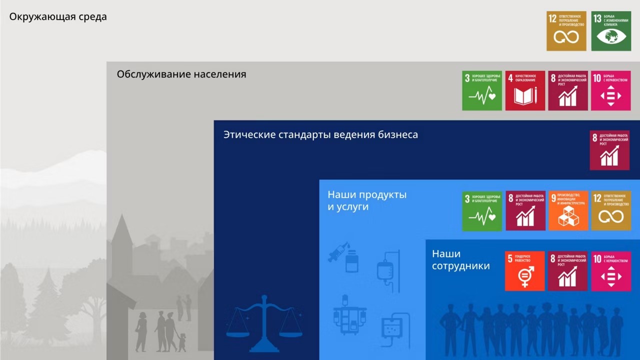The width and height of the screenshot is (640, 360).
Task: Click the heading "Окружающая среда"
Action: tap(58, 16)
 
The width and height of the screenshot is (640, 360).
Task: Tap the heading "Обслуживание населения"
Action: tap(181, 74)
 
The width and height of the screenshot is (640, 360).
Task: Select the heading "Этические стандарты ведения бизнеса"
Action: tap(320, 134)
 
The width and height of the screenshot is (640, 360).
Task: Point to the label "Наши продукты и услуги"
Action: tap(367, 200)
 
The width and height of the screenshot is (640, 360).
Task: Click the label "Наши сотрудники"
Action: tap(460, 260)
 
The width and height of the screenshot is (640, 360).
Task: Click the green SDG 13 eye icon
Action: tap(610, 31)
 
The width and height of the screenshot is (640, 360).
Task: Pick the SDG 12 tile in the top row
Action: tap(566, 31)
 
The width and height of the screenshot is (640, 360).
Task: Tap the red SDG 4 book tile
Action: tap(524, 90)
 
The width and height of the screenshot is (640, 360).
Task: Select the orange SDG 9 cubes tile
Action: tap(568, 210)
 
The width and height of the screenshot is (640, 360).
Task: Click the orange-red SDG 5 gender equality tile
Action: tap(524, 271)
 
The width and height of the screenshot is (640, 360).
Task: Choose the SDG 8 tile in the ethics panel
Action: tap(609, 150)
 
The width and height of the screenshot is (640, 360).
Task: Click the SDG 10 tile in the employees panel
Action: tap(610, 271)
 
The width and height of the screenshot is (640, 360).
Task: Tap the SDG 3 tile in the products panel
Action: tap(482, 210)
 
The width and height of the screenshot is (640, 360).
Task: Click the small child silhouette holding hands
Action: tap(182, 342)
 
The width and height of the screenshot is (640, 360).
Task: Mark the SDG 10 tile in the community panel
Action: tap(610, 90)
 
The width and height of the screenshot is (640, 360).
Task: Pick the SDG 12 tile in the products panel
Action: tap(610, 210)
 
